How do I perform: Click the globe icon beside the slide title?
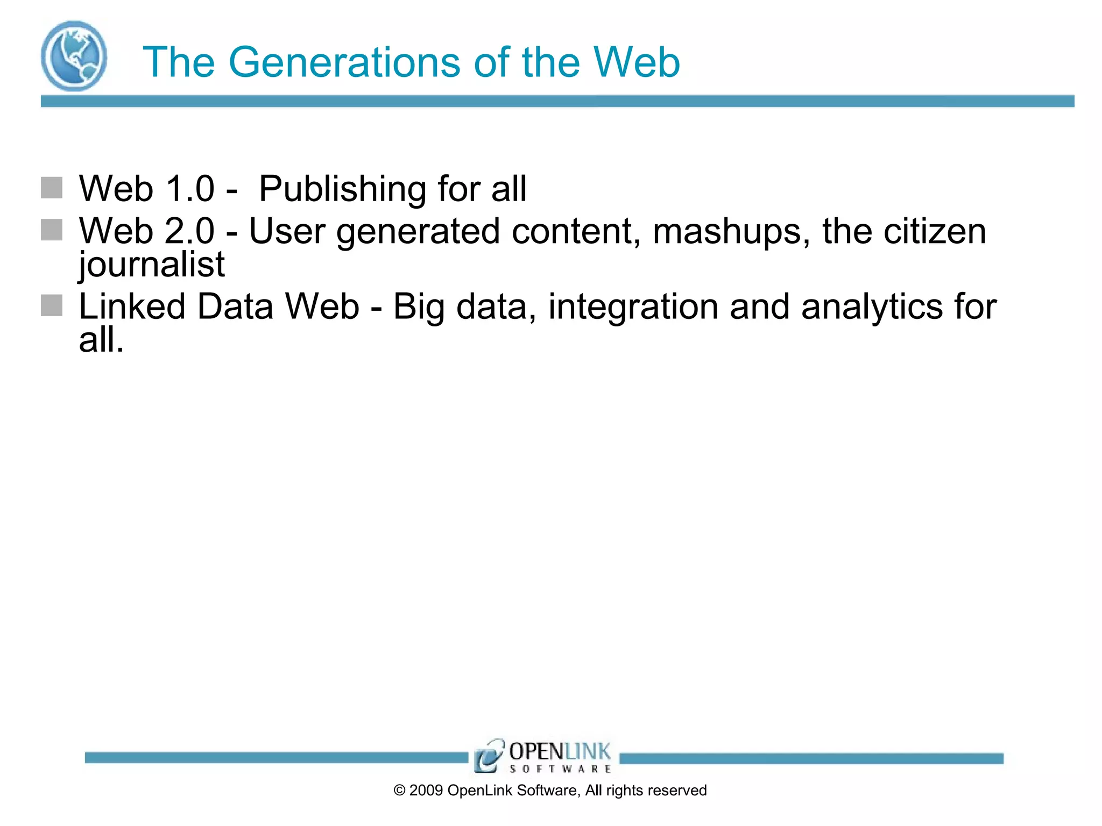(x=74, y=56)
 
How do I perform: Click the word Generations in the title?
(x=344, y=62)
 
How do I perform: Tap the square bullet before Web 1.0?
(x=52, y=188)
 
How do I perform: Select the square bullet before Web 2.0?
(x=52, y=230)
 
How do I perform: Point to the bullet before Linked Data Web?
(x=52, y=305)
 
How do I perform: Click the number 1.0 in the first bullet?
(x=190, y=189)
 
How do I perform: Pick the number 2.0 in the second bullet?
(x=190, y=231)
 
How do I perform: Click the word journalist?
(x=152, y=265)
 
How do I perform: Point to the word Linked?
(x=132, y=307)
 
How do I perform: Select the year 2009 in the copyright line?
(x=426, y=791)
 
